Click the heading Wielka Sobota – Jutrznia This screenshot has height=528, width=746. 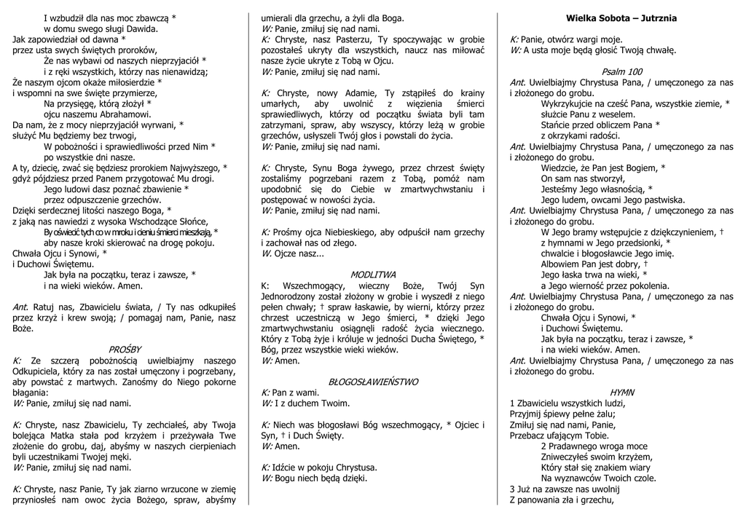pyautogui.click(x=621, y=17)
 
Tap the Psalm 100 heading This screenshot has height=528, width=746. pyautogui.click(x=621, y=71)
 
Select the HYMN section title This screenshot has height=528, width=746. pyautogui.click(x=621, y=392)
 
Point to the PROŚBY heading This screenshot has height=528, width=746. pyautogui.click(x=125, y=350)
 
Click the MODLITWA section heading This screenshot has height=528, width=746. pyautogui.click(x=373, y=275)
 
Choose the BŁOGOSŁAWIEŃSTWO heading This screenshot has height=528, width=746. pyautogui.click(x=373, y=381)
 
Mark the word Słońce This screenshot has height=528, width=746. pyautogui.click(x=190, y=222)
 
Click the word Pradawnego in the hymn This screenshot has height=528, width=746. pyautogui.click(x=576, y=446)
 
